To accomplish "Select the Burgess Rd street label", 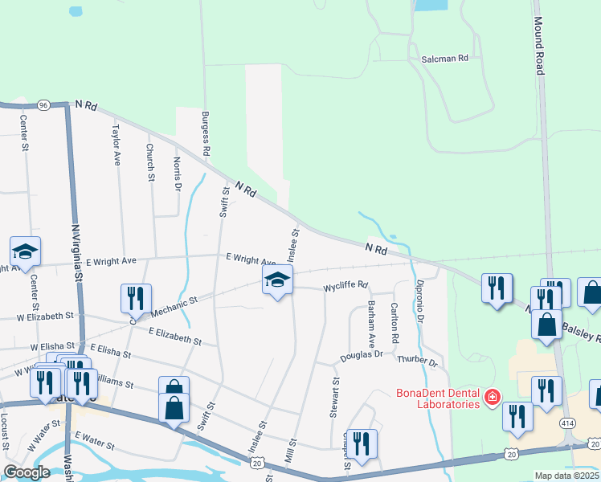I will point(206,133).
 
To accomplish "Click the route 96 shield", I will point(43,105).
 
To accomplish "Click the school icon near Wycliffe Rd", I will point(277,280).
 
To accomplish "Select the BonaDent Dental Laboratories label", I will point(439,398).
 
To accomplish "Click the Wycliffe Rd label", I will point(345,285).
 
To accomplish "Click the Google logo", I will point(27,472).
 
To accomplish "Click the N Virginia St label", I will point(78,249).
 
